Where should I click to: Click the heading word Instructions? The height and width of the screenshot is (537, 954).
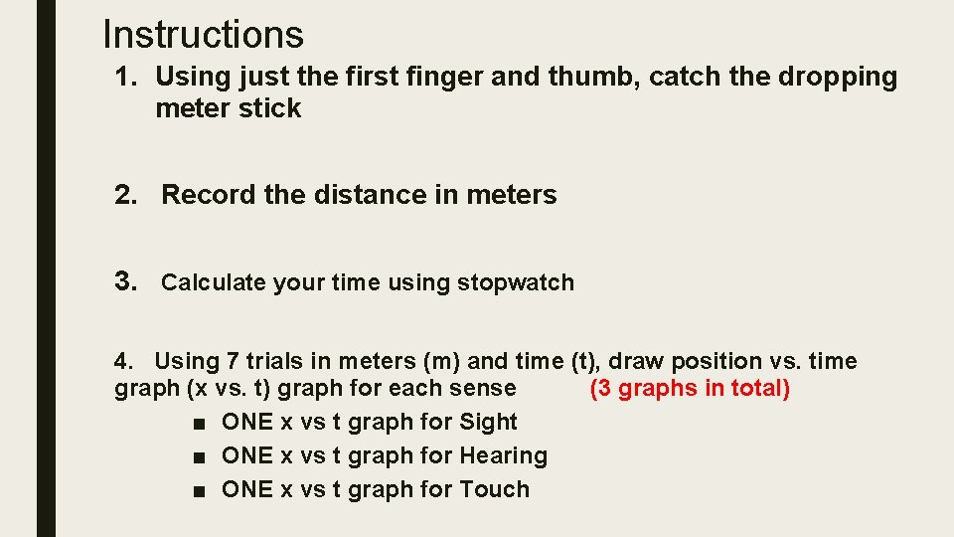click(x=203, y=34)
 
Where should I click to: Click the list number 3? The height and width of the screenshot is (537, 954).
click(x=125, y=281)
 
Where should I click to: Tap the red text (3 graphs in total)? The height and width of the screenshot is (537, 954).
click(x=690, y=388)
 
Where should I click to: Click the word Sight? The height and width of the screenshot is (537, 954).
click(x=488, y=422)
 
